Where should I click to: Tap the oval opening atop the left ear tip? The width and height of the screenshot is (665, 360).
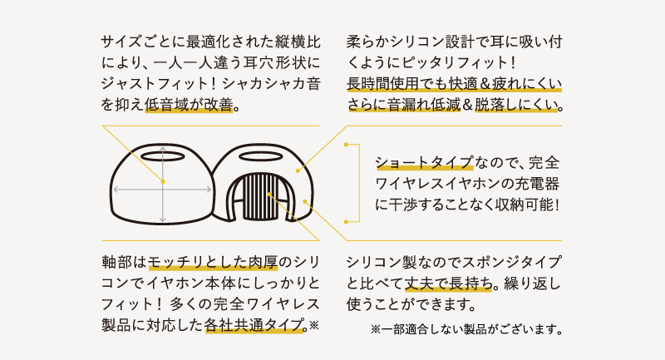point(163,155)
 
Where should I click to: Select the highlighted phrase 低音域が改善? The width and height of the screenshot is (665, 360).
point(191,106)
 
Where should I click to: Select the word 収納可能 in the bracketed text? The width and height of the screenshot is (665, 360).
point(520,202)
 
